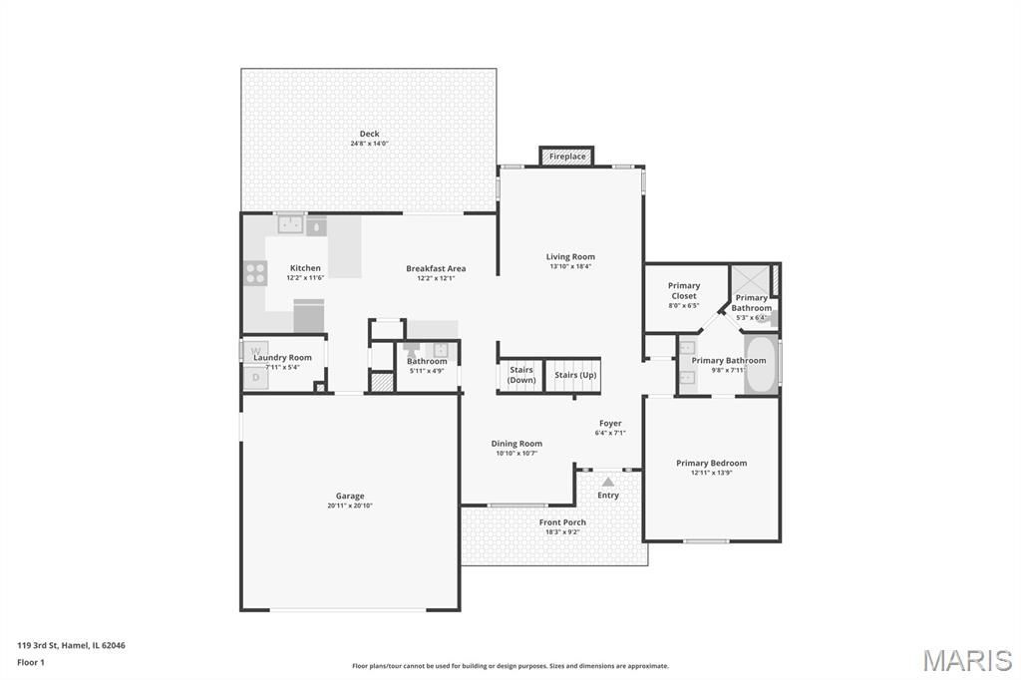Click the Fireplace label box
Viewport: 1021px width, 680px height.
click(566, 157)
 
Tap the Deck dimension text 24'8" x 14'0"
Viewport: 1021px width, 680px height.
click(369, 144)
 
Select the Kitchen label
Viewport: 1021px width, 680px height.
click(305, 267)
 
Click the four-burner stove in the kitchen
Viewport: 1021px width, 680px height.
click(255, 273)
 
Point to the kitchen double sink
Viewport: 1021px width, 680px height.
click(290, 224)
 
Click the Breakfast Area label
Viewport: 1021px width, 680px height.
click(436, 268)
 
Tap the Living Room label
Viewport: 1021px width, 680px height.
click(570, 256)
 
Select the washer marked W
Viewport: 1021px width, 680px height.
click(255, 352)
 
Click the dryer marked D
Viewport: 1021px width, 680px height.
click(255, 377)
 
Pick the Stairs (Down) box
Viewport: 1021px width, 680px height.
click(520, 375)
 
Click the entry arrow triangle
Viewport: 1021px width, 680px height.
click(607, 482)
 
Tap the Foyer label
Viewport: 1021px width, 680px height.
click(610, 424)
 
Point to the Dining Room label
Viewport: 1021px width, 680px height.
click(516, 444)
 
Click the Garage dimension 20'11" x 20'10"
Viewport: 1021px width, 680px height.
click(350, 506)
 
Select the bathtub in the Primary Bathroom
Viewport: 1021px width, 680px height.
click(761, 364)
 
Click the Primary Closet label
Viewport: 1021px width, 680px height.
click(684, 290)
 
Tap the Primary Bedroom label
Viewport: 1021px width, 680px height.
click(711, 463)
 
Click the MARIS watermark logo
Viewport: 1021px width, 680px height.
click(967, 660)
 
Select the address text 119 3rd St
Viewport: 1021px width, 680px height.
click(38, 645)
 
